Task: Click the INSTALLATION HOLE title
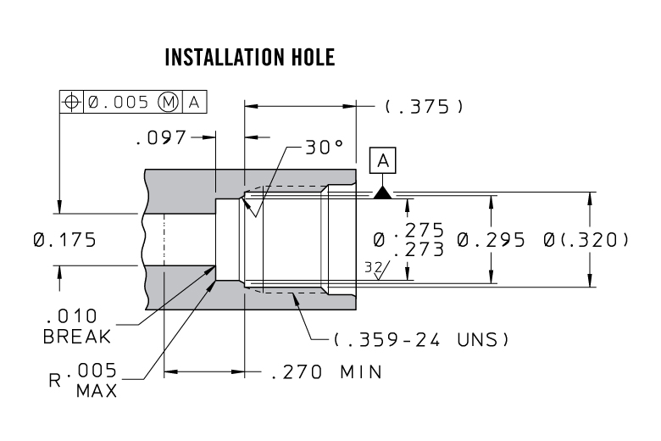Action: click(250, 57)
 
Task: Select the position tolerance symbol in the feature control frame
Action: click(71, 102)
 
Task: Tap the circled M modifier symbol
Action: click(168, 102)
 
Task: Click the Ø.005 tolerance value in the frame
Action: click(119, 102)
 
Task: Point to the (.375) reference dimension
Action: click(424, 106)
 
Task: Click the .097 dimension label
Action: click(161, 137)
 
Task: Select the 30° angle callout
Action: click(325, 148)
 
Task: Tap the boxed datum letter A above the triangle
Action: click(383, 160)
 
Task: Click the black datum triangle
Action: click(383, 193)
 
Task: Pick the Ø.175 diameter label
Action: click(64, 240)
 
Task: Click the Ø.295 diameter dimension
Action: click(492, 240)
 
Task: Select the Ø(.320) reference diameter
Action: click(586, 240)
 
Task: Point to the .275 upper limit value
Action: click(419, 230)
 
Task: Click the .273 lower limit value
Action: click(419, 249)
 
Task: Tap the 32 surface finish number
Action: click(373, 267)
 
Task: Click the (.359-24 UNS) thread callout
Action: click(421, 339)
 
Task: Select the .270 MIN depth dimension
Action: click(327, 372)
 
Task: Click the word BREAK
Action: click(77, 337)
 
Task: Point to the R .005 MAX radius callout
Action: click(83, 380)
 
